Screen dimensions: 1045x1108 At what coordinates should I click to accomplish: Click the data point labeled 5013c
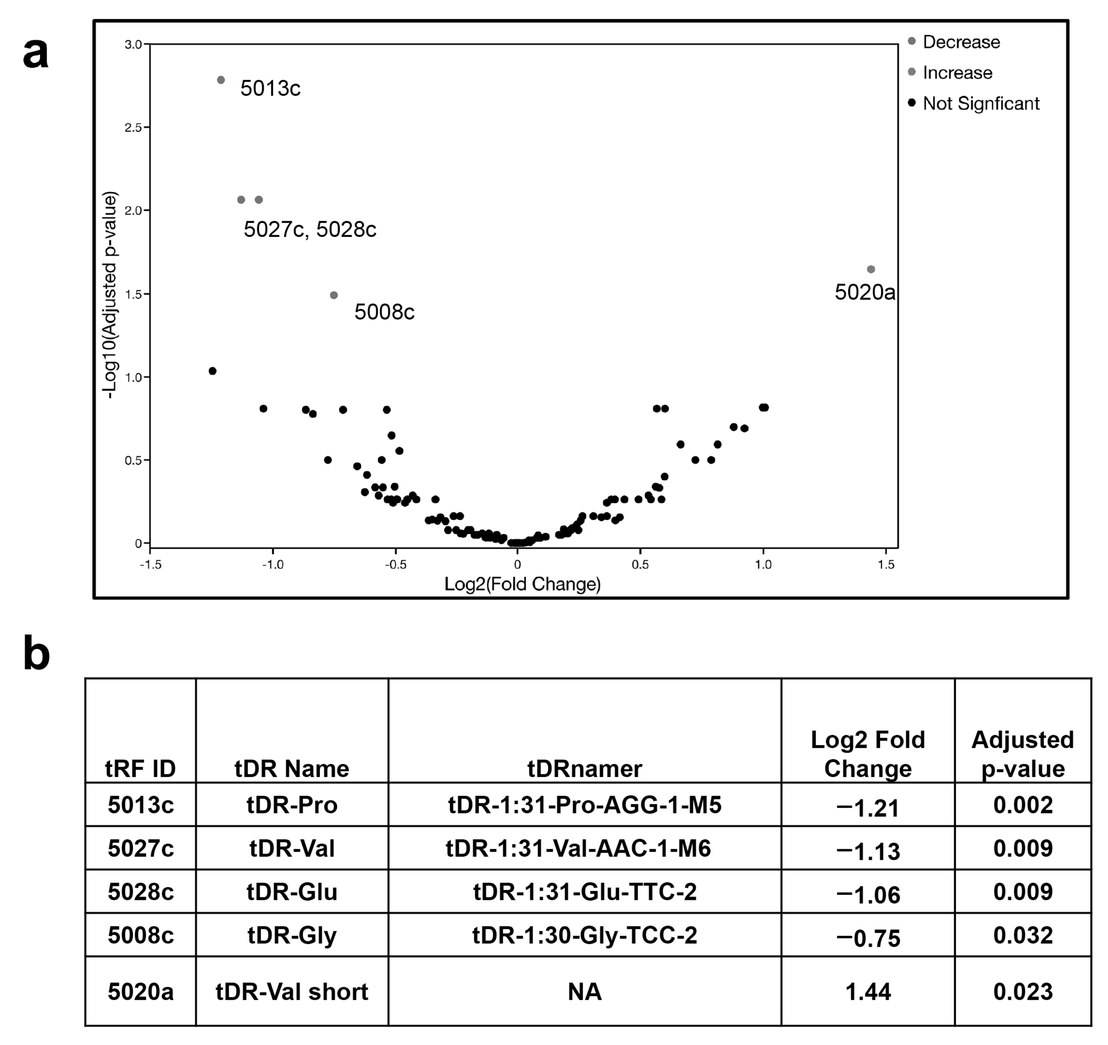coord(221,80)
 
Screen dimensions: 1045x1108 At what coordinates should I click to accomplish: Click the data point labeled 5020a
coord(871,269)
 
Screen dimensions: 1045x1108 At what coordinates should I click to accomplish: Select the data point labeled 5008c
coord(334,295)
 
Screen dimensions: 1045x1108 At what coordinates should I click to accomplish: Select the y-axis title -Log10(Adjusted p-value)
coord(112,295)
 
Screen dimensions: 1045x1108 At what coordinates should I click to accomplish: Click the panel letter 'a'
coord(36,54)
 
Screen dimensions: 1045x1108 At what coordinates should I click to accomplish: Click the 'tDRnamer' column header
coord(585,769)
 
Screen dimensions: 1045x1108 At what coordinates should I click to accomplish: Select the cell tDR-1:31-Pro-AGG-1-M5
coord(585,805)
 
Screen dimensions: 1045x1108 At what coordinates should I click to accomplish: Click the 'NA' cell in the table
coord(585,991)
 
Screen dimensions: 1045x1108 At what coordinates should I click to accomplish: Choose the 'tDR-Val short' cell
coord(292,991)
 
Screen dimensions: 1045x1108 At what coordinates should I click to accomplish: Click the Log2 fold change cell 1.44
coord(868,991)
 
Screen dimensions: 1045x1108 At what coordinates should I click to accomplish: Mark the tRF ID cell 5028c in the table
coord(140,892)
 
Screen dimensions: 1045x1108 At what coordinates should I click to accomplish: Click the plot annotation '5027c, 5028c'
coord(310,229)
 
